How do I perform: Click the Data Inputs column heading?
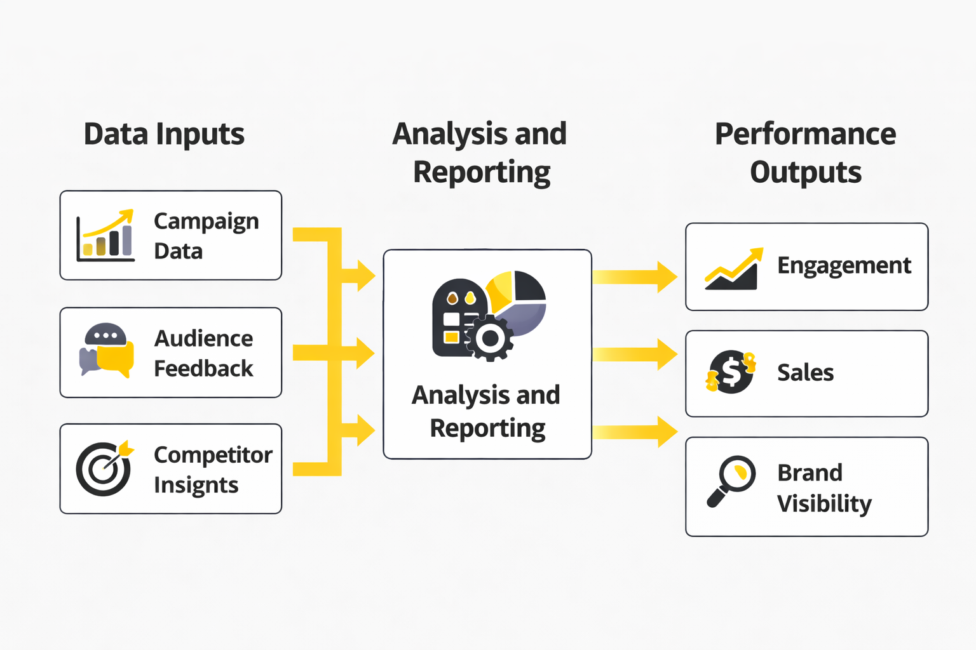point(164,135)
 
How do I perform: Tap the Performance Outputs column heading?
point(805,153)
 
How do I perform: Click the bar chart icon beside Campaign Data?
point(105,236)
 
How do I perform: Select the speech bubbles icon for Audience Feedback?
point(107,351)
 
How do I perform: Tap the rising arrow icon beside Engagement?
point(733,269)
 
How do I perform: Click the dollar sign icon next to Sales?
point(731,372)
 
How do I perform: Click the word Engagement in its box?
point(844,265)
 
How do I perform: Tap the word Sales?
point(805,373)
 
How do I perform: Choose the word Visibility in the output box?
point(824,504)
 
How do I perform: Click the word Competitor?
point(213,454)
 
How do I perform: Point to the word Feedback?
point(203,368)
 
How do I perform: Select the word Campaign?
point(206,222)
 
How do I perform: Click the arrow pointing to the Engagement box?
point(635,277)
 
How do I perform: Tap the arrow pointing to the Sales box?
point(635,354)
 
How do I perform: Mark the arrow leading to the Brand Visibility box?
point(635,432)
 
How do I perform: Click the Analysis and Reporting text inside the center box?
point(487,411)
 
